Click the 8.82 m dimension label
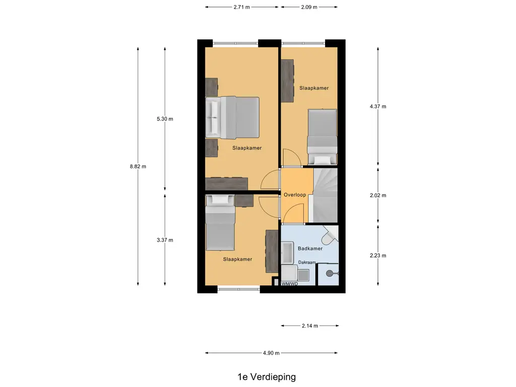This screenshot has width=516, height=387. [138, 167]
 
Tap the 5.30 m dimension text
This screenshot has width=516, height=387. [165, 119]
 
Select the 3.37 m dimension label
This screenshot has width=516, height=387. [165, 240]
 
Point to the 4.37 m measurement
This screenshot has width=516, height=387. [378, 106]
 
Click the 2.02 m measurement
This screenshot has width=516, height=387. [378, 195]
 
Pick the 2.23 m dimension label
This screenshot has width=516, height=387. [378, 255]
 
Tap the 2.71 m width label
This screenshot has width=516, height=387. [242, 7]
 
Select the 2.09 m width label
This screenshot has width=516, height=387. [309, 7]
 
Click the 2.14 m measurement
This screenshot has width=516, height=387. [310, 326]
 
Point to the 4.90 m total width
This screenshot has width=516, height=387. [271, 353]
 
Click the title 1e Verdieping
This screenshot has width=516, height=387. [267, 376]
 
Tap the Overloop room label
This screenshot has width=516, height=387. [295, 195]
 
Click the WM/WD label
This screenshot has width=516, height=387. [290, 284]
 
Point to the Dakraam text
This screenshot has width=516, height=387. [307, 263]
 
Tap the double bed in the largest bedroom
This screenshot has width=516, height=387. [233, 117]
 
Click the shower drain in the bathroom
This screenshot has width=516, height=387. [330, 274]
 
